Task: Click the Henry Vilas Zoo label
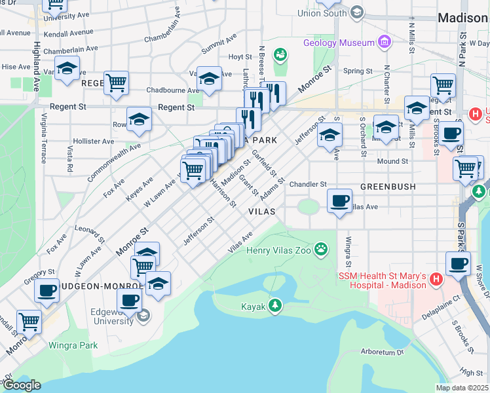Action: (x=278, y=250)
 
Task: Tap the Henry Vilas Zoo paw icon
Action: (x=321, y=248)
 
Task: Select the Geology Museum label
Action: (x=339, y=43)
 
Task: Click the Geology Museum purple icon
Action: (x=384, y=43)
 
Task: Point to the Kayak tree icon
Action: (x=276, y=306)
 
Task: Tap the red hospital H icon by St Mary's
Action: (x=437, y=280)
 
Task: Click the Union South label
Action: (x=322, y=13)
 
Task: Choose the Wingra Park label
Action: (x=73, y=345)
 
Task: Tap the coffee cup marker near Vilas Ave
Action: (x=339, y=200)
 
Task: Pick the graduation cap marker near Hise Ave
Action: (x=67, y=69)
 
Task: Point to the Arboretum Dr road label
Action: (x=383, y=352)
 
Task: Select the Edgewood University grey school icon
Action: (x=144, y=317)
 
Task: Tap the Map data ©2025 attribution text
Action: (x=462, y=388)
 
